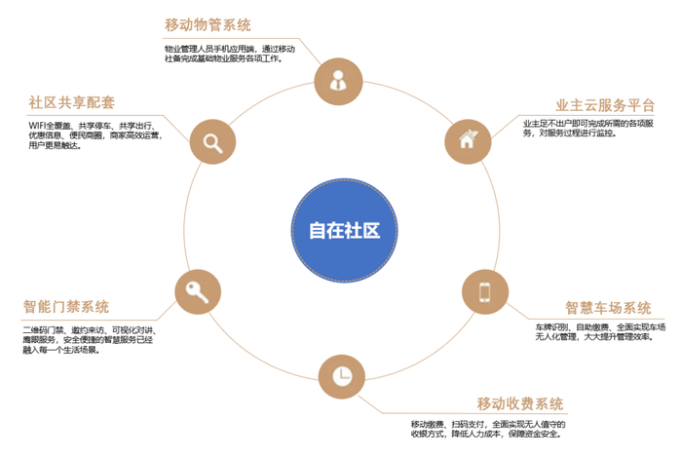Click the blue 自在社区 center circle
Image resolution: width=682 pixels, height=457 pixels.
tap(343, 230)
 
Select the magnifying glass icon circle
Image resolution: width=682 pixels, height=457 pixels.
tap(211, 141)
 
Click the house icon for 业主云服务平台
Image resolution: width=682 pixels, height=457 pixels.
tap(468, 140)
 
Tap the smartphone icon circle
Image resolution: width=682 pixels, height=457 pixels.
tap(484, 291)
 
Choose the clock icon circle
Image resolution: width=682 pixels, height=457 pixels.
tap(341, 376)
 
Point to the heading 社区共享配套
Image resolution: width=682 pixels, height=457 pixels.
tap(71, 101)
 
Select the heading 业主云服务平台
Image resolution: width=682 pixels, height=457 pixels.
tap(604, 105)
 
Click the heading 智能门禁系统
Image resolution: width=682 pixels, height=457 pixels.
tap(66, 307)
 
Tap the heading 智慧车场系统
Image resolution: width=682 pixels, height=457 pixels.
tap(608, 308)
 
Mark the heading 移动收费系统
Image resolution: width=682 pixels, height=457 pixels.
tap(520, 403)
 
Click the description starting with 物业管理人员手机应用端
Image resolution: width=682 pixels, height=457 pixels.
tap(230, 53)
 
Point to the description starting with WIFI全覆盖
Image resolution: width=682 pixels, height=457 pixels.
tap(95, 134)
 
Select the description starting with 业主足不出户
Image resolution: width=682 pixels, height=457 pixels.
tap(594, 128)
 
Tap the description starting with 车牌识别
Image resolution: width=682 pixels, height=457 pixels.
tap(599, 331)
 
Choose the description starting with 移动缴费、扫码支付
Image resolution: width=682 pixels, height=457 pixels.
tap(488, 431)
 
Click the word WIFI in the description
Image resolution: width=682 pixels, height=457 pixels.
tap(37, 125)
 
